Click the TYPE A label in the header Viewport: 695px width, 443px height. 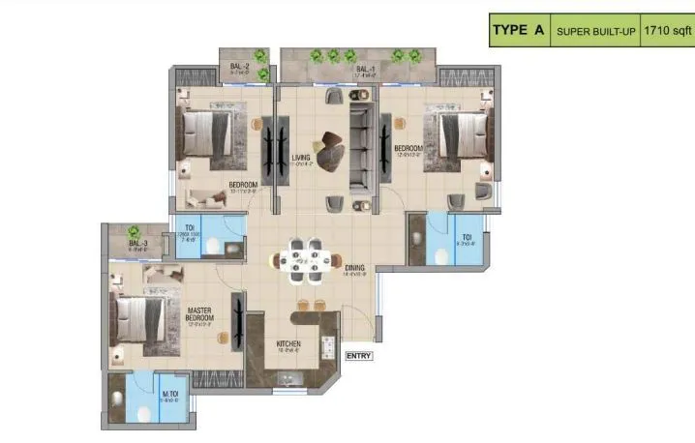pos(518,30)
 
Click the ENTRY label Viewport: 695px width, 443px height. pos(359,355)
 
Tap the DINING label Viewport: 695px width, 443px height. pos(354,268)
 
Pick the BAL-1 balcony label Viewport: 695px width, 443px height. pos(365,69)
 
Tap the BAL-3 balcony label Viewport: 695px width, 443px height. pos(137,243)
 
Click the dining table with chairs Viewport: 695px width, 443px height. pos(304,259)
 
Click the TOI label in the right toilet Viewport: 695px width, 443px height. pos(466,236)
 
